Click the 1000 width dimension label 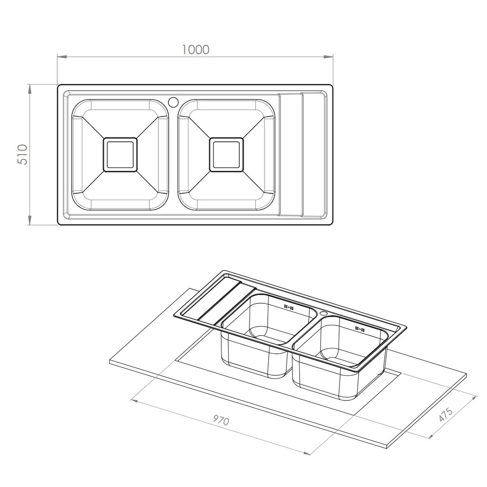tap(195, 49)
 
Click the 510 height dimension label tap(23, 155)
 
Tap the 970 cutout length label tap(221, 420)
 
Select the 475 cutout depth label tap(446, 415)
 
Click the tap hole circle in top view tap(173, 102)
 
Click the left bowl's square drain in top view tap(120, 155)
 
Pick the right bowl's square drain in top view tap(226, 155)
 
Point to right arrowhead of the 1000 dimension tap(329, 57)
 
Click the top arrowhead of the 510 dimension tap(30, 89)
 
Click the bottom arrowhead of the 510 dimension tap(30, 220)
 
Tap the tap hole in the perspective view tap(323, 313)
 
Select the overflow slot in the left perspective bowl tap(289, 307)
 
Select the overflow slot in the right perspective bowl tap(360, 329)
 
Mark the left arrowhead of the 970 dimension tap(134, 400)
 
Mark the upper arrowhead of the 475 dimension tap(473, 398)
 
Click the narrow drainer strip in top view tap(291, 155)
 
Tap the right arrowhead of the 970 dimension tap(306, 453)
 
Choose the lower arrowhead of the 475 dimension tap(432, 436)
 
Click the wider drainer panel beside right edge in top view tap(314, 155)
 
